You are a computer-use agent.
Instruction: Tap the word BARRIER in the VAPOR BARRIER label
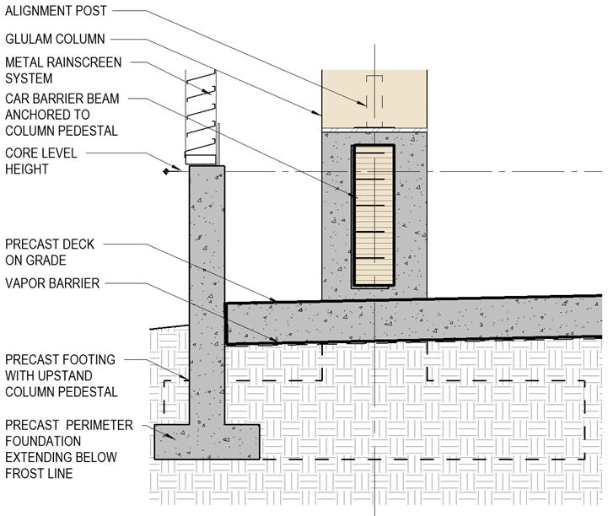coord(75,283)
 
